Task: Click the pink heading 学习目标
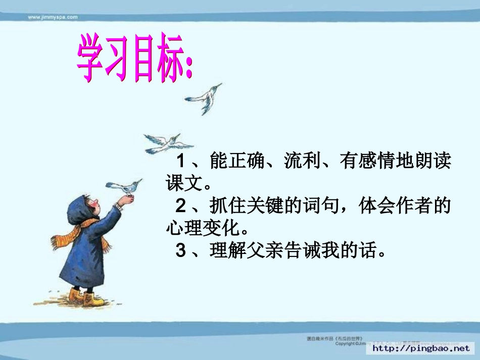pos(134,60)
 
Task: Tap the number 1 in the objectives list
pos(181,162)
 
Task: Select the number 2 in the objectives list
pos(181,206)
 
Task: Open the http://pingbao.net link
pos(421,348)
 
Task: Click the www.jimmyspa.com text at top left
pos(53,17)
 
